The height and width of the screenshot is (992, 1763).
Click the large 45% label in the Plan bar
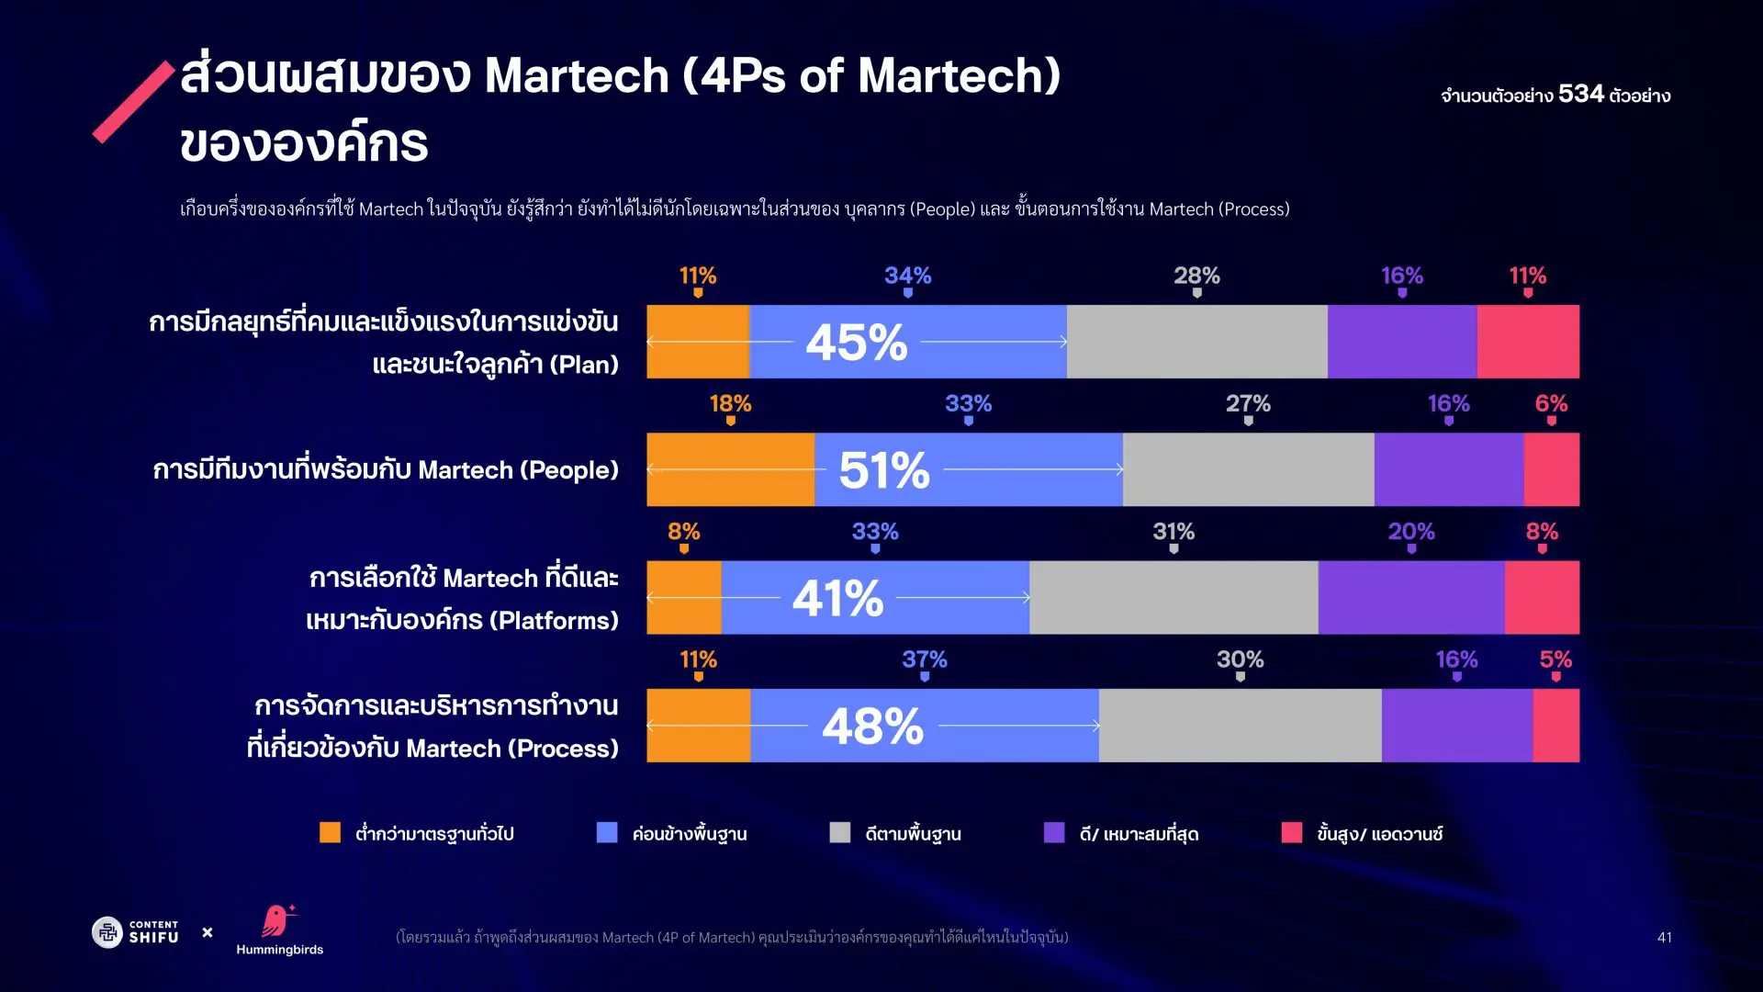pyautogui.click(x=856, y=342)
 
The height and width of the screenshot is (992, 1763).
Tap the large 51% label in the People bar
pyautogui.click(x=883, y=469)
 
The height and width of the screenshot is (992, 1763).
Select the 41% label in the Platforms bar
pyautogui.click(x=837, y=598)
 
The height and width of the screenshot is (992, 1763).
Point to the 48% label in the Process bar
pyautogui.click(x=872, y=726)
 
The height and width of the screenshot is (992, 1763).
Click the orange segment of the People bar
pyautogui.click(x=730, y=469)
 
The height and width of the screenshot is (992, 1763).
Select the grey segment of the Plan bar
pyautogui.click(x=1196, y=342)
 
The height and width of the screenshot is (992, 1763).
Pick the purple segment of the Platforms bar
pyautogui.click(x=1410, y=598)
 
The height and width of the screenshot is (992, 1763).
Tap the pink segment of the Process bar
pyautogui.click(x=1555, y=726)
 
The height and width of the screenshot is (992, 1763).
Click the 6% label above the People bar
pyautogui.click(x=1551, y=403)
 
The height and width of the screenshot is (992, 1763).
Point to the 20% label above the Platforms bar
pyautogui.click(x=1410, y=531)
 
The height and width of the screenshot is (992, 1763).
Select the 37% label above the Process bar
pyautogui.click(x=924, y=659)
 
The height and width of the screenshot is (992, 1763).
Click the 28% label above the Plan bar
pyautogui.click(x=1196, y=276)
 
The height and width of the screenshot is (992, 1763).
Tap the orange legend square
pyautogui.click(x=330, y=832)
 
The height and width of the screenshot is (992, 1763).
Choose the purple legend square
pyautogui.click(x=1054, y=832)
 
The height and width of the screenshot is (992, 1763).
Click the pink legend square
pyautogui.click(x=1291, y=832)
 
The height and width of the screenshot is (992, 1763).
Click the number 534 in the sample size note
pyautogui.click(x=1580, y=94)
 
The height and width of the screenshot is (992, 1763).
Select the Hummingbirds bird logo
pyautogui.click(x=276, y=920)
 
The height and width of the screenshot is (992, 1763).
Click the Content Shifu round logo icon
pyautogui.click(x=107, y=932)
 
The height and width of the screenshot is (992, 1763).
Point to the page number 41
pyautogui.click(x=1664, y=937)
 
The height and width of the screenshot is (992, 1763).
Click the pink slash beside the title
pyautogui.click(x=134, y=101)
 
